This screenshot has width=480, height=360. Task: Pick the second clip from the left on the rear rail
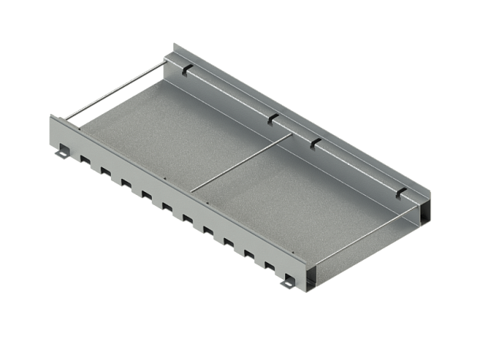(272, 119)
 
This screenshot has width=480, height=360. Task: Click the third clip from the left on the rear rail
(314, 143)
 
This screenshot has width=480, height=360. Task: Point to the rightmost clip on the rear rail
(401, 192)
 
